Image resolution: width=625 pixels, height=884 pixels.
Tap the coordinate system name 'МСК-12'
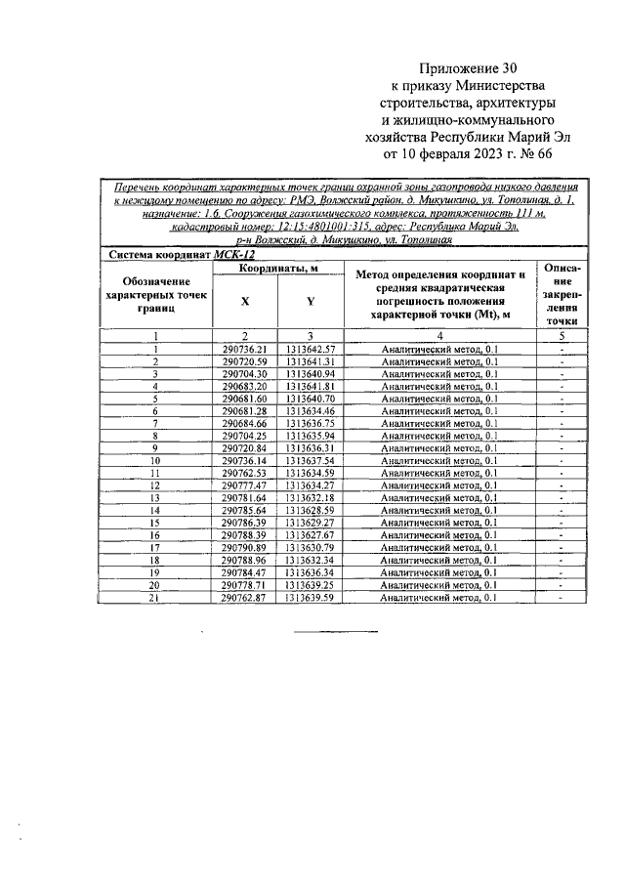(x=234, y=253)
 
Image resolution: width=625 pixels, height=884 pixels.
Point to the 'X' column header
(x=244, y=302)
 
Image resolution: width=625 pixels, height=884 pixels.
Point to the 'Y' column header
(x=310, y=302)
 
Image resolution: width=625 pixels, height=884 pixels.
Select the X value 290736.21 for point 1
(x=244, y=349)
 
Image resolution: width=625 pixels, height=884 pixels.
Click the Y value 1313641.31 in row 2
(x=311, y=361)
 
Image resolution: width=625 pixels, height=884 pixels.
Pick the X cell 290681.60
(x=244, y=399)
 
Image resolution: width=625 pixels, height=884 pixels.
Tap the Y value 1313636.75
(x=311, y=423)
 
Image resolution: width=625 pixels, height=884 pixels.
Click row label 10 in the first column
(x=155, y=460)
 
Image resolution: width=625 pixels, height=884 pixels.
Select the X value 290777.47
(x=244, y=485)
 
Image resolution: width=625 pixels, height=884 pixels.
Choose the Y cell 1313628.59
(x=311, y=510)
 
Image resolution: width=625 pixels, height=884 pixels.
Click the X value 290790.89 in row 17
(x=244, y=547)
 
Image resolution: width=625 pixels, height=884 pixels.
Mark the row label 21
(x=155, y=597)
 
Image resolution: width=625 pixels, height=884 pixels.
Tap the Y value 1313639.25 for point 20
(x=311, y=584)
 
